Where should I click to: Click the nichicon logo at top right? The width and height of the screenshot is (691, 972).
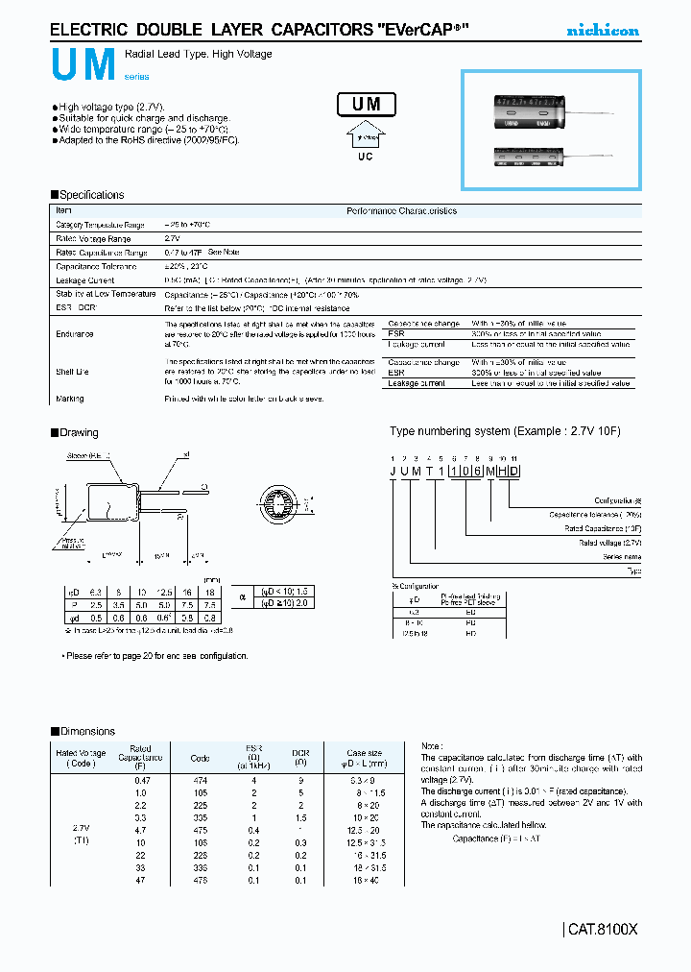pos(602,31)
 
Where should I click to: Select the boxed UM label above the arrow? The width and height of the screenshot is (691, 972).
pos(367,104)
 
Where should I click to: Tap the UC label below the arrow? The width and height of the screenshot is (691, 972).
pos(366,156)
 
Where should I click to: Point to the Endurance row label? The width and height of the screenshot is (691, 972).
pos(75,333)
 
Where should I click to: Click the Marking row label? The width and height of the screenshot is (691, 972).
pos(70,398)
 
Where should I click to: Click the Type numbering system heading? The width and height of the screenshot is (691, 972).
pos(505,431)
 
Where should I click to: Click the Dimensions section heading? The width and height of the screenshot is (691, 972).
pos(87,731)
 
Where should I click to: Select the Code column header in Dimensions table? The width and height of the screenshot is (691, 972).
pos(201,758)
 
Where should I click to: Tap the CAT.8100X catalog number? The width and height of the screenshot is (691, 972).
pos(603,930)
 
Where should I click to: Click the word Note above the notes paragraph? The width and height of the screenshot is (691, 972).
pos(432,745)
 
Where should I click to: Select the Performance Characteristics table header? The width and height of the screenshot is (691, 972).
pos(401,211)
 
